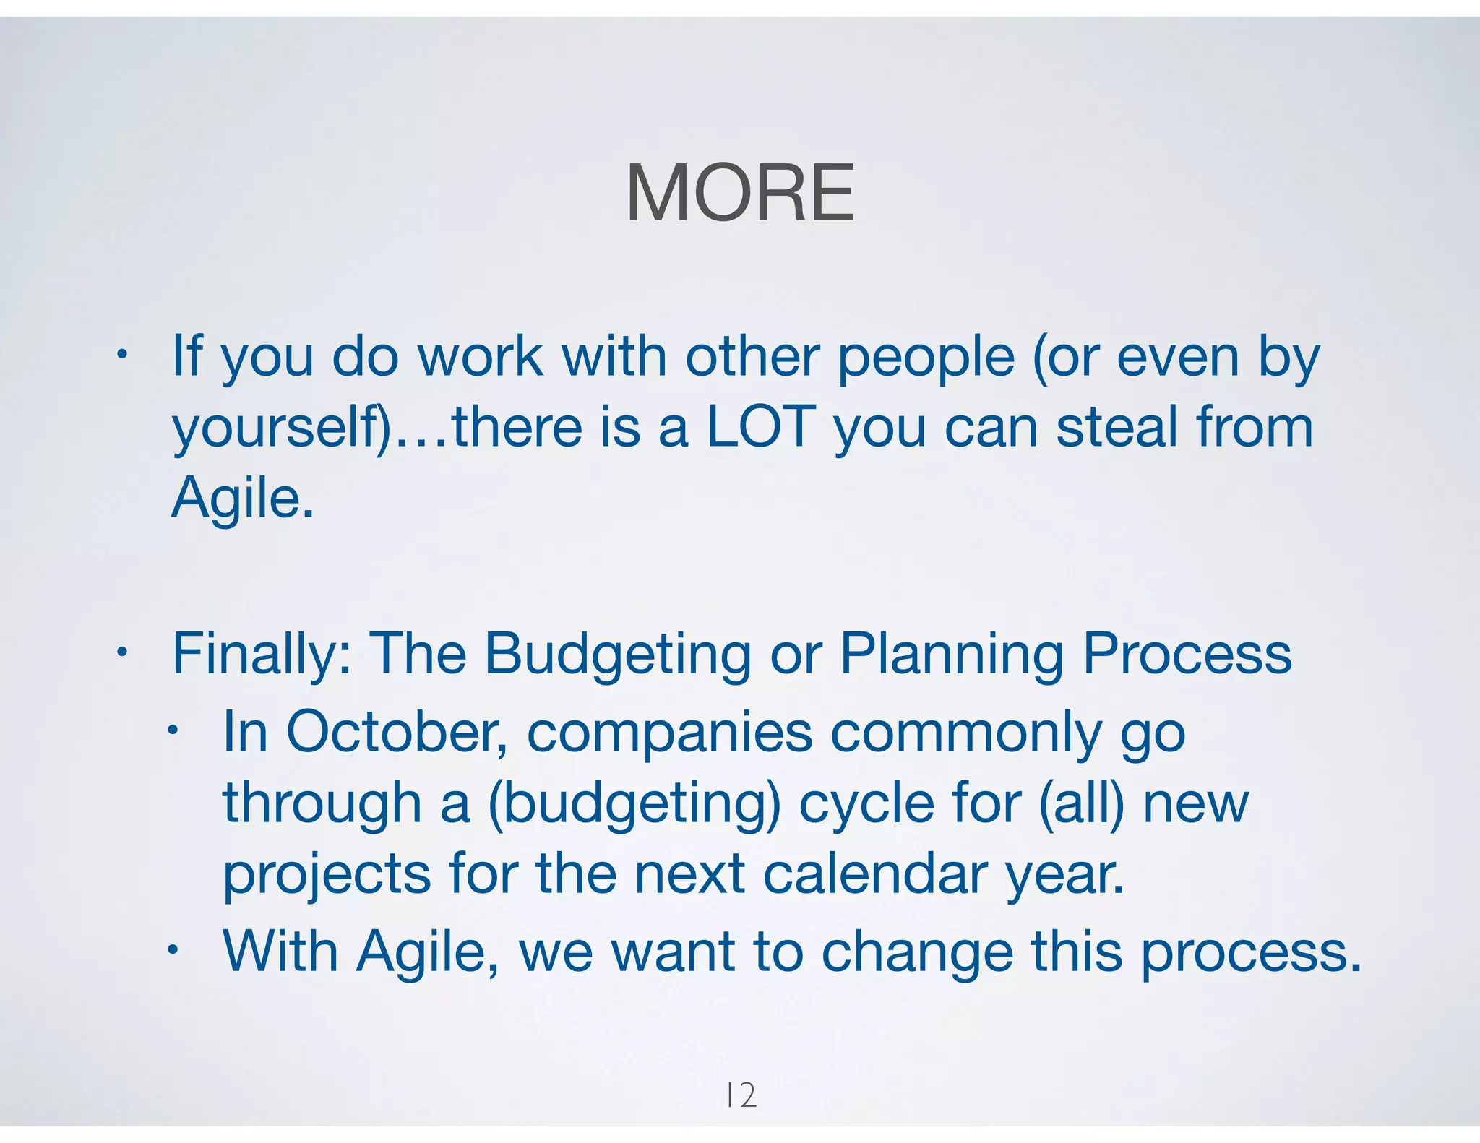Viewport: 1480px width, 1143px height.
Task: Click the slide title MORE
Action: tap(740, 194)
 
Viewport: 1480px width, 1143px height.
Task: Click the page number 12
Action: tap(741, 1095)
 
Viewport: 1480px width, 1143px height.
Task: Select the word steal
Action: tap(1117, 427)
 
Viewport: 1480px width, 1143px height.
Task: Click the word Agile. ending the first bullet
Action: tap(243, 499)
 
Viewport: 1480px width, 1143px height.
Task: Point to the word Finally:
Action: tap(262, 654)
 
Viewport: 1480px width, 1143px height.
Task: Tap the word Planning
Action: tap(951, 654)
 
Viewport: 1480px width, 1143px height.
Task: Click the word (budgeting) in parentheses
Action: tap(634, 803)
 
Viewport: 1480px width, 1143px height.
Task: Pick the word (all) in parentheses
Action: tap(1081, 803)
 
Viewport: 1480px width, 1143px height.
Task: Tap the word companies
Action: tap(669, 733)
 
